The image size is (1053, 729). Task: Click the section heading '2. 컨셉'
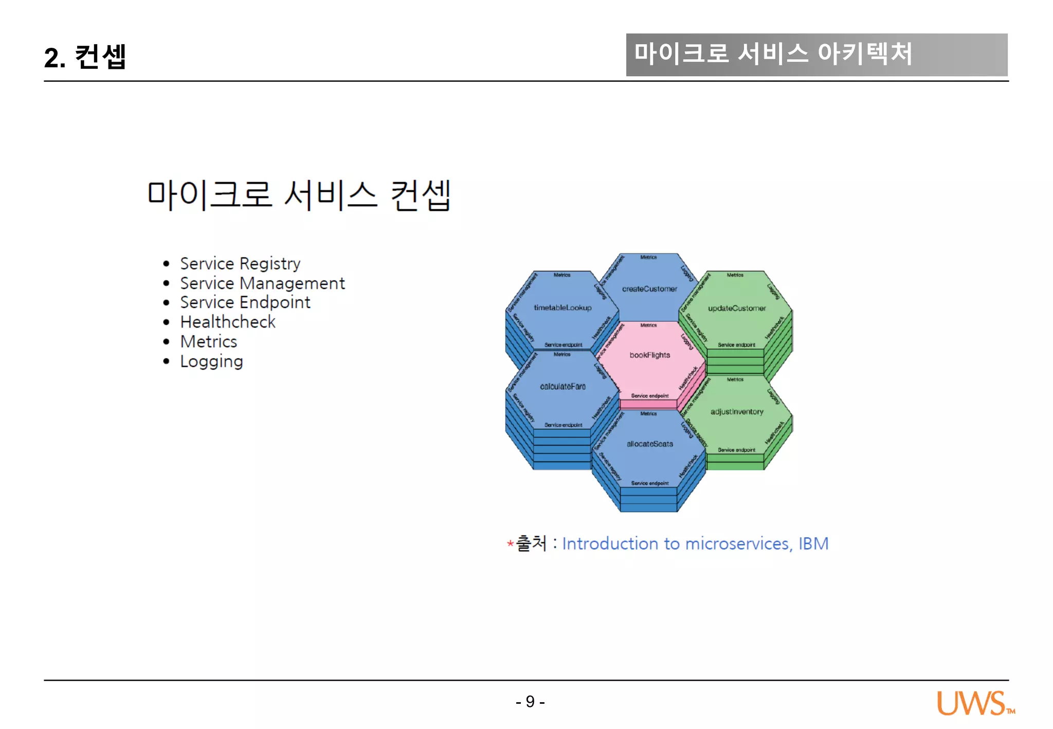coord(85,57)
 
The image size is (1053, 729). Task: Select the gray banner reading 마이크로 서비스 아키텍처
coord(816,54)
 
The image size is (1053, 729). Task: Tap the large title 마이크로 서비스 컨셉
coord(299,195)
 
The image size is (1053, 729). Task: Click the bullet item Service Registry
coord(240,264)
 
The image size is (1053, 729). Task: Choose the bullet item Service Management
coord(262,283)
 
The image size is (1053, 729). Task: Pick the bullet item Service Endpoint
coord(245,302)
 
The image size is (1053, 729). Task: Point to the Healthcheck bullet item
coord(228,322)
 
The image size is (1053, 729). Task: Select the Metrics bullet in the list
coord(208,341)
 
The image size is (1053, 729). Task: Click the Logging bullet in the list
coord(211,361)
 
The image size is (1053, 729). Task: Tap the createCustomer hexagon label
coord(649,289)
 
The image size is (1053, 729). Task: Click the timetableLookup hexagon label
coord(562,307)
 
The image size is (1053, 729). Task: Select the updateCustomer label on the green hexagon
coord(736,308)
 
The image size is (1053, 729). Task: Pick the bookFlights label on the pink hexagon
coord(649,355)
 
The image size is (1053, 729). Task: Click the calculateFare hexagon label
coord(562,386)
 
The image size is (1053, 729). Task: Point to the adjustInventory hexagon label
coord(736,412)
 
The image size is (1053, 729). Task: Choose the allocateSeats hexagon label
coord(649,444)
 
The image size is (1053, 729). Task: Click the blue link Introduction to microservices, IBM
coord(695,543)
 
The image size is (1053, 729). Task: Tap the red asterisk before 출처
coord(510,543)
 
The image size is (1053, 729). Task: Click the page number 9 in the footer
coord(530,701)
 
